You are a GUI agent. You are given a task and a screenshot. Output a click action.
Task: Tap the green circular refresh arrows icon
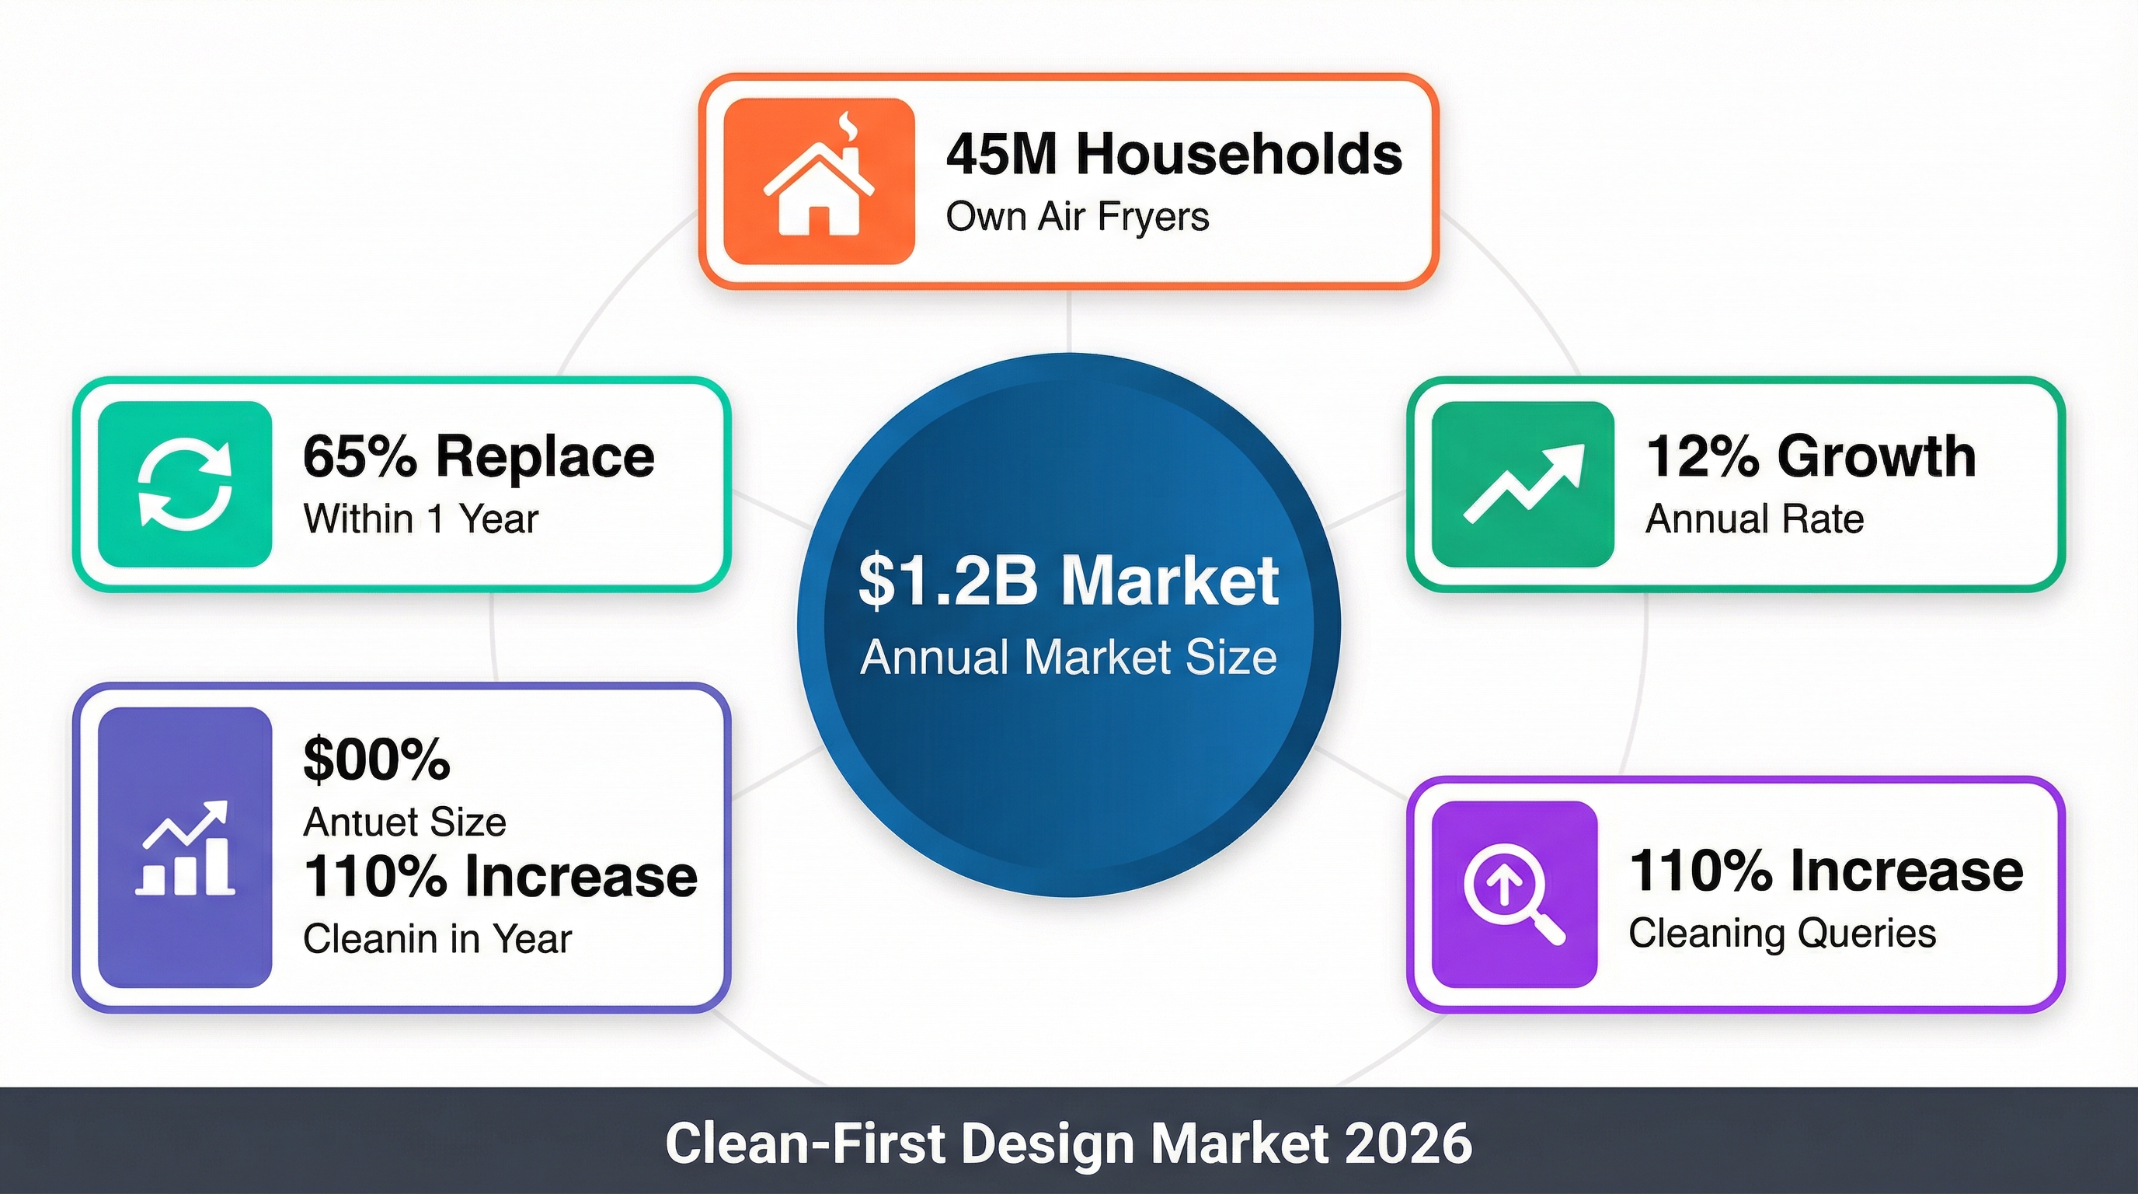click(184, 484)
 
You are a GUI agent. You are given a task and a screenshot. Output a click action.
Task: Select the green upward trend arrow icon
click(1523, 484)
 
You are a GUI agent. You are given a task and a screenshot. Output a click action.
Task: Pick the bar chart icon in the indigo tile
click(184, 848)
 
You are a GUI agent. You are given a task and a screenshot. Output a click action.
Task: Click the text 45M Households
click(1174, 155)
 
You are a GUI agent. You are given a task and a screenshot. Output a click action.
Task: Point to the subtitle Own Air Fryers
click(1078, 217)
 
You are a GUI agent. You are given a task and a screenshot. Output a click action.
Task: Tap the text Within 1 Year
click(421, 519)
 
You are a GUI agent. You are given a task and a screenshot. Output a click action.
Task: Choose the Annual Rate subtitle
click(1754, 519)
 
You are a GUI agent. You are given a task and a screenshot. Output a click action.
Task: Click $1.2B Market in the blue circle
click(1069, 581)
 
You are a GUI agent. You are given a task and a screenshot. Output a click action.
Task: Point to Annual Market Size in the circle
click(1069, 658)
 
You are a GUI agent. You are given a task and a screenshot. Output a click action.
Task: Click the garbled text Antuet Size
click(405, 822)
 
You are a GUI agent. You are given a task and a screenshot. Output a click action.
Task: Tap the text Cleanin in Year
click(437, 939)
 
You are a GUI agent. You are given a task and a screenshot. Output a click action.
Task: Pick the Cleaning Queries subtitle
click(1782, 934)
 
